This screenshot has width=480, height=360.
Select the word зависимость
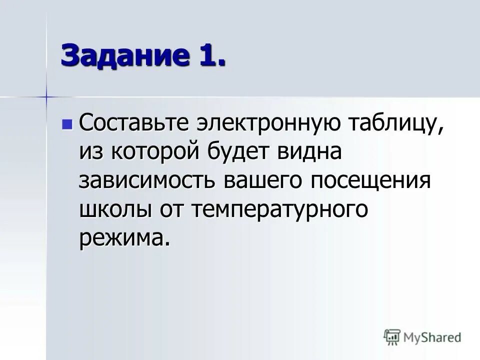pyautogui.click(x=147, y=181)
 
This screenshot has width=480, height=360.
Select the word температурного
pyautogui.click(x=279, y=209)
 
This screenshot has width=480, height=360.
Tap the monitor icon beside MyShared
pyautogui.click(x=392, y=337)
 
